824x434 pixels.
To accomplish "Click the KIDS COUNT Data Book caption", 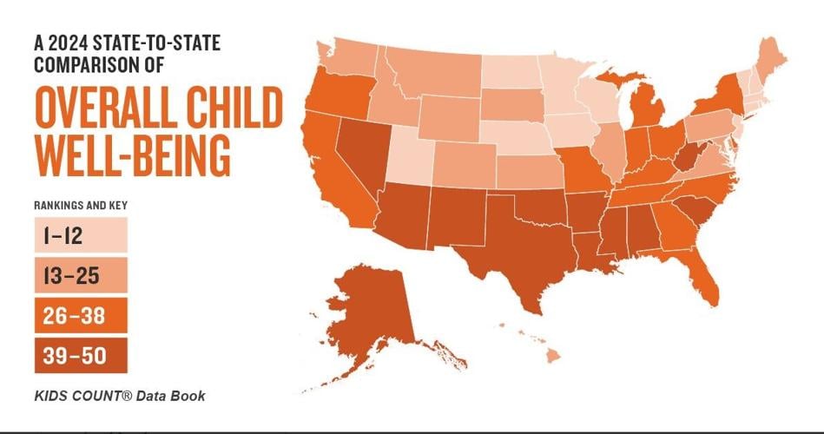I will [120, 396].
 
